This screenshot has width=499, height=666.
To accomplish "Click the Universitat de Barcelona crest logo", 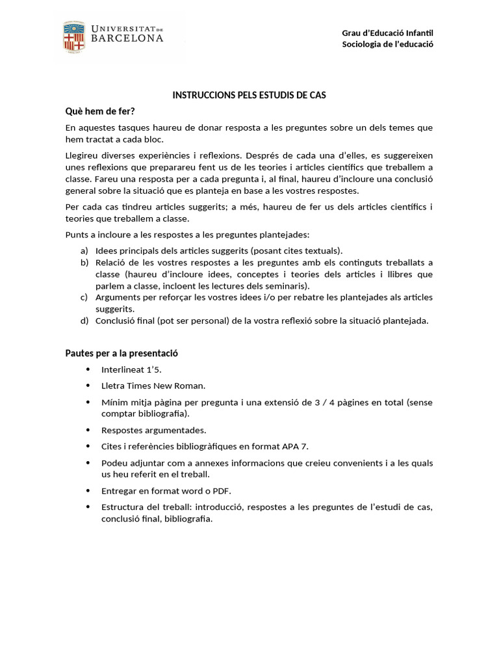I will coord(73,36).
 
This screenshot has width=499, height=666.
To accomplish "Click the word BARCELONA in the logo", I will coord(127,39).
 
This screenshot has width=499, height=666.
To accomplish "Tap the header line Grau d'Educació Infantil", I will coord(387,33).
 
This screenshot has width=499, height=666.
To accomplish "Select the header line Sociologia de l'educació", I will coord(387,44).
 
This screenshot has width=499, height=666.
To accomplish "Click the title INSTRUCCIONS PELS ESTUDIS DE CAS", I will coord(249,95).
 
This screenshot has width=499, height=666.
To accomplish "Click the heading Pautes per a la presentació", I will coord(122,353).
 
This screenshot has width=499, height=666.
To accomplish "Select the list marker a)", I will coord(84,250).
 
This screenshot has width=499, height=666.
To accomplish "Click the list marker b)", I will coord(84,262).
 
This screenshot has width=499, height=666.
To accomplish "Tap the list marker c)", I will coord(84,297).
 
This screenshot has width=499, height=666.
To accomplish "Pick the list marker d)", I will coord(84,320).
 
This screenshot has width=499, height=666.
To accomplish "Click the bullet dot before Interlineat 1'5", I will coord(88,369).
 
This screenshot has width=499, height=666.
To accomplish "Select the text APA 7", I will coord(296,446).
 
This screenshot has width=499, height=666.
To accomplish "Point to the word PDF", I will coord(221,490).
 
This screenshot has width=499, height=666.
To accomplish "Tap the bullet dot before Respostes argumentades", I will coord(88,430).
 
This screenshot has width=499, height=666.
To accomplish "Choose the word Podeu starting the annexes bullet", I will coord(114,462).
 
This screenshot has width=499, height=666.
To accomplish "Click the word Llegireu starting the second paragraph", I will coord(84,155).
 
